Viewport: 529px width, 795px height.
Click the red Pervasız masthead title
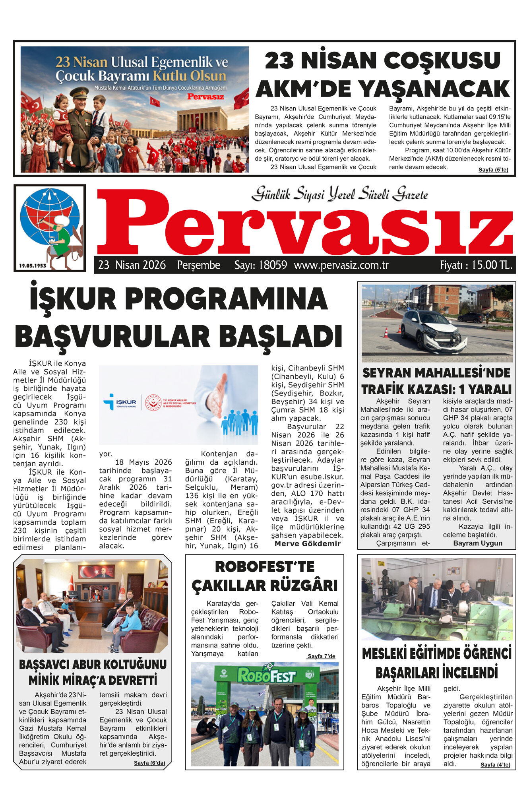(x=304, y=225)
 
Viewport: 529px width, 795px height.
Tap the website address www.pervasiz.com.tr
(x=341, y=265)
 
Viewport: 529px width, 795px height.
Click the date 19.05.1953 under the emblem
(x=33, y=266)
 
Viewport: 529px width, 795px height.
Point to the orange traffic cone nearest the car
(x=399, y=329)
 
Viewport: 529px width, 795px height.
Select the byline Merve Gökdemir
(x=307, y=543)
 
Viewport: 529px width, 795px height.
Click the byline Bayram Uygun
(x=477, y=543)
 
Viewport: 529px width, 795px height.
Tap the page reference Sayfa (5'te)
(x=493, y=170)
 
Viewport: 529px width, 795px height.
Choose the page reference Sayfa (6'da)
(x=149, y=763)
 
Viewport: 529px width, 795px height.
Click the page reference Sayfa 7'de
(x=321, y=656)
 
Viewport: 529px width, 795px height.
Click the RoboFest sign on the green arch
(x=266, y=676)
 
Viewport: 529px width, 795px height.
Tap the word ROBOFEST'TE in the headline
(x=264, y=566)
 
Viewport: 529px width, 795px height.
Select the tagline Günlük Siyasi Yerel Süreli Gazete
(x=340, y=194)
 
